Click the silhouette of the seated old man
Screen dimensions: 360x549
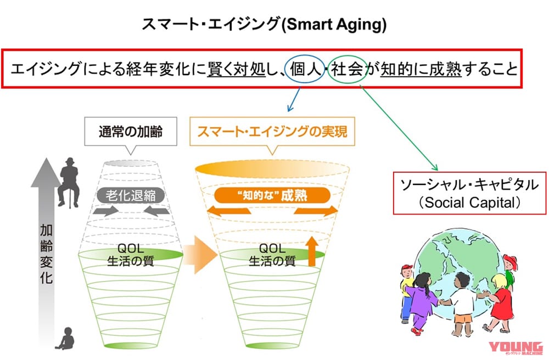[x=69, y=181]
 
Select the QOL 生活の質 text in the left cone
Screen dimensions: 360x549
[x=130, y=255]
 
